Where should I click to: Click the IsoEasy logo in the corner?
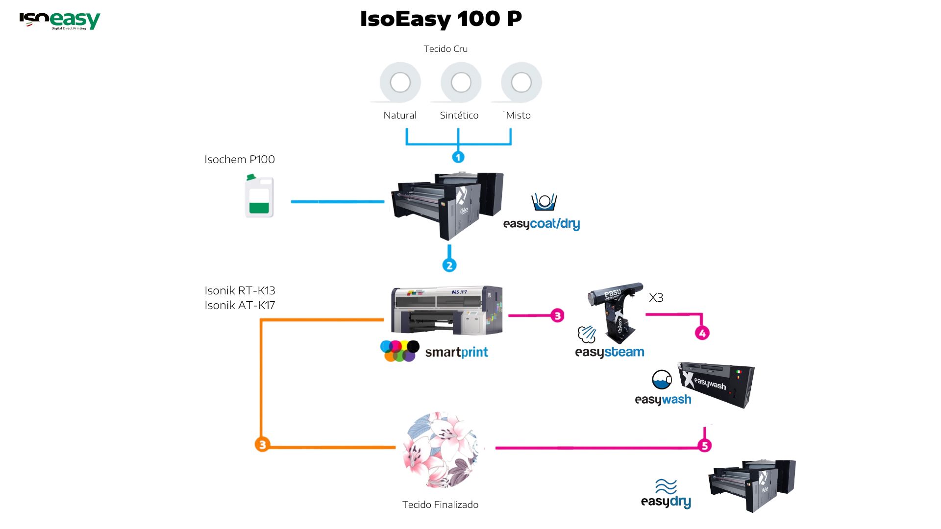tap(60, 21)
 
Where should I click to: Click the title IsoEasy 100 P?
tap(441, 19)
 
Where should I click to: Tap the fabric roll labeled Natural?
tap(400, 82)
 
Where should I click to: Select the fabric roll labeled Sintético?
tap(461, 82)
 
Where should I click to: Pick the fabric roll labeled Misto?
tap(521, 82)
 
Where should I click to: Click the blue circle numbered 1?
tap(458, 157)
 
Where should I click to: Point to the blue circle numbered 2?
tap(449, 265)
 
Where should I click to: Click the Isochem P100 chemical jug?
tap(259, 196)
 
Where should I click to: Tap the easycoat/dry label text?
tap(541, 224)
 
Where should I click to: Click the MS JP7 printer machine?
tap(446, 310)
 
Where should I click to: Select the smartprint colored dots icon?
tap(400, 351)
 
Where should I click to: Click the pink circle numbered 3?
tap(557, 315)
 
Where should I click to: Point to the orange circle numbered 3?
tap(262, 444)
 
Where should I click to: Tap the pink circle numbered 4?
tap(702, 333)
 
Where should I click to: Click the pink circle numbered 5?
tap(704, 445)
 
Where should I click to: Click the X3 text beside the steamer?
tap(656, 297)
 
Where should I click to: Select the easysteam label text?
tap(609, 352)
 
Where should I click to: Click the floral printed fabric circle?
tap(441, 450)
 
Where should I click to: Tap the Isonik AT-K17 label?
tap(240, 305)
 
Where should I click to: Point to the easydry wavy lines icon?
tap(666, 486)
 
